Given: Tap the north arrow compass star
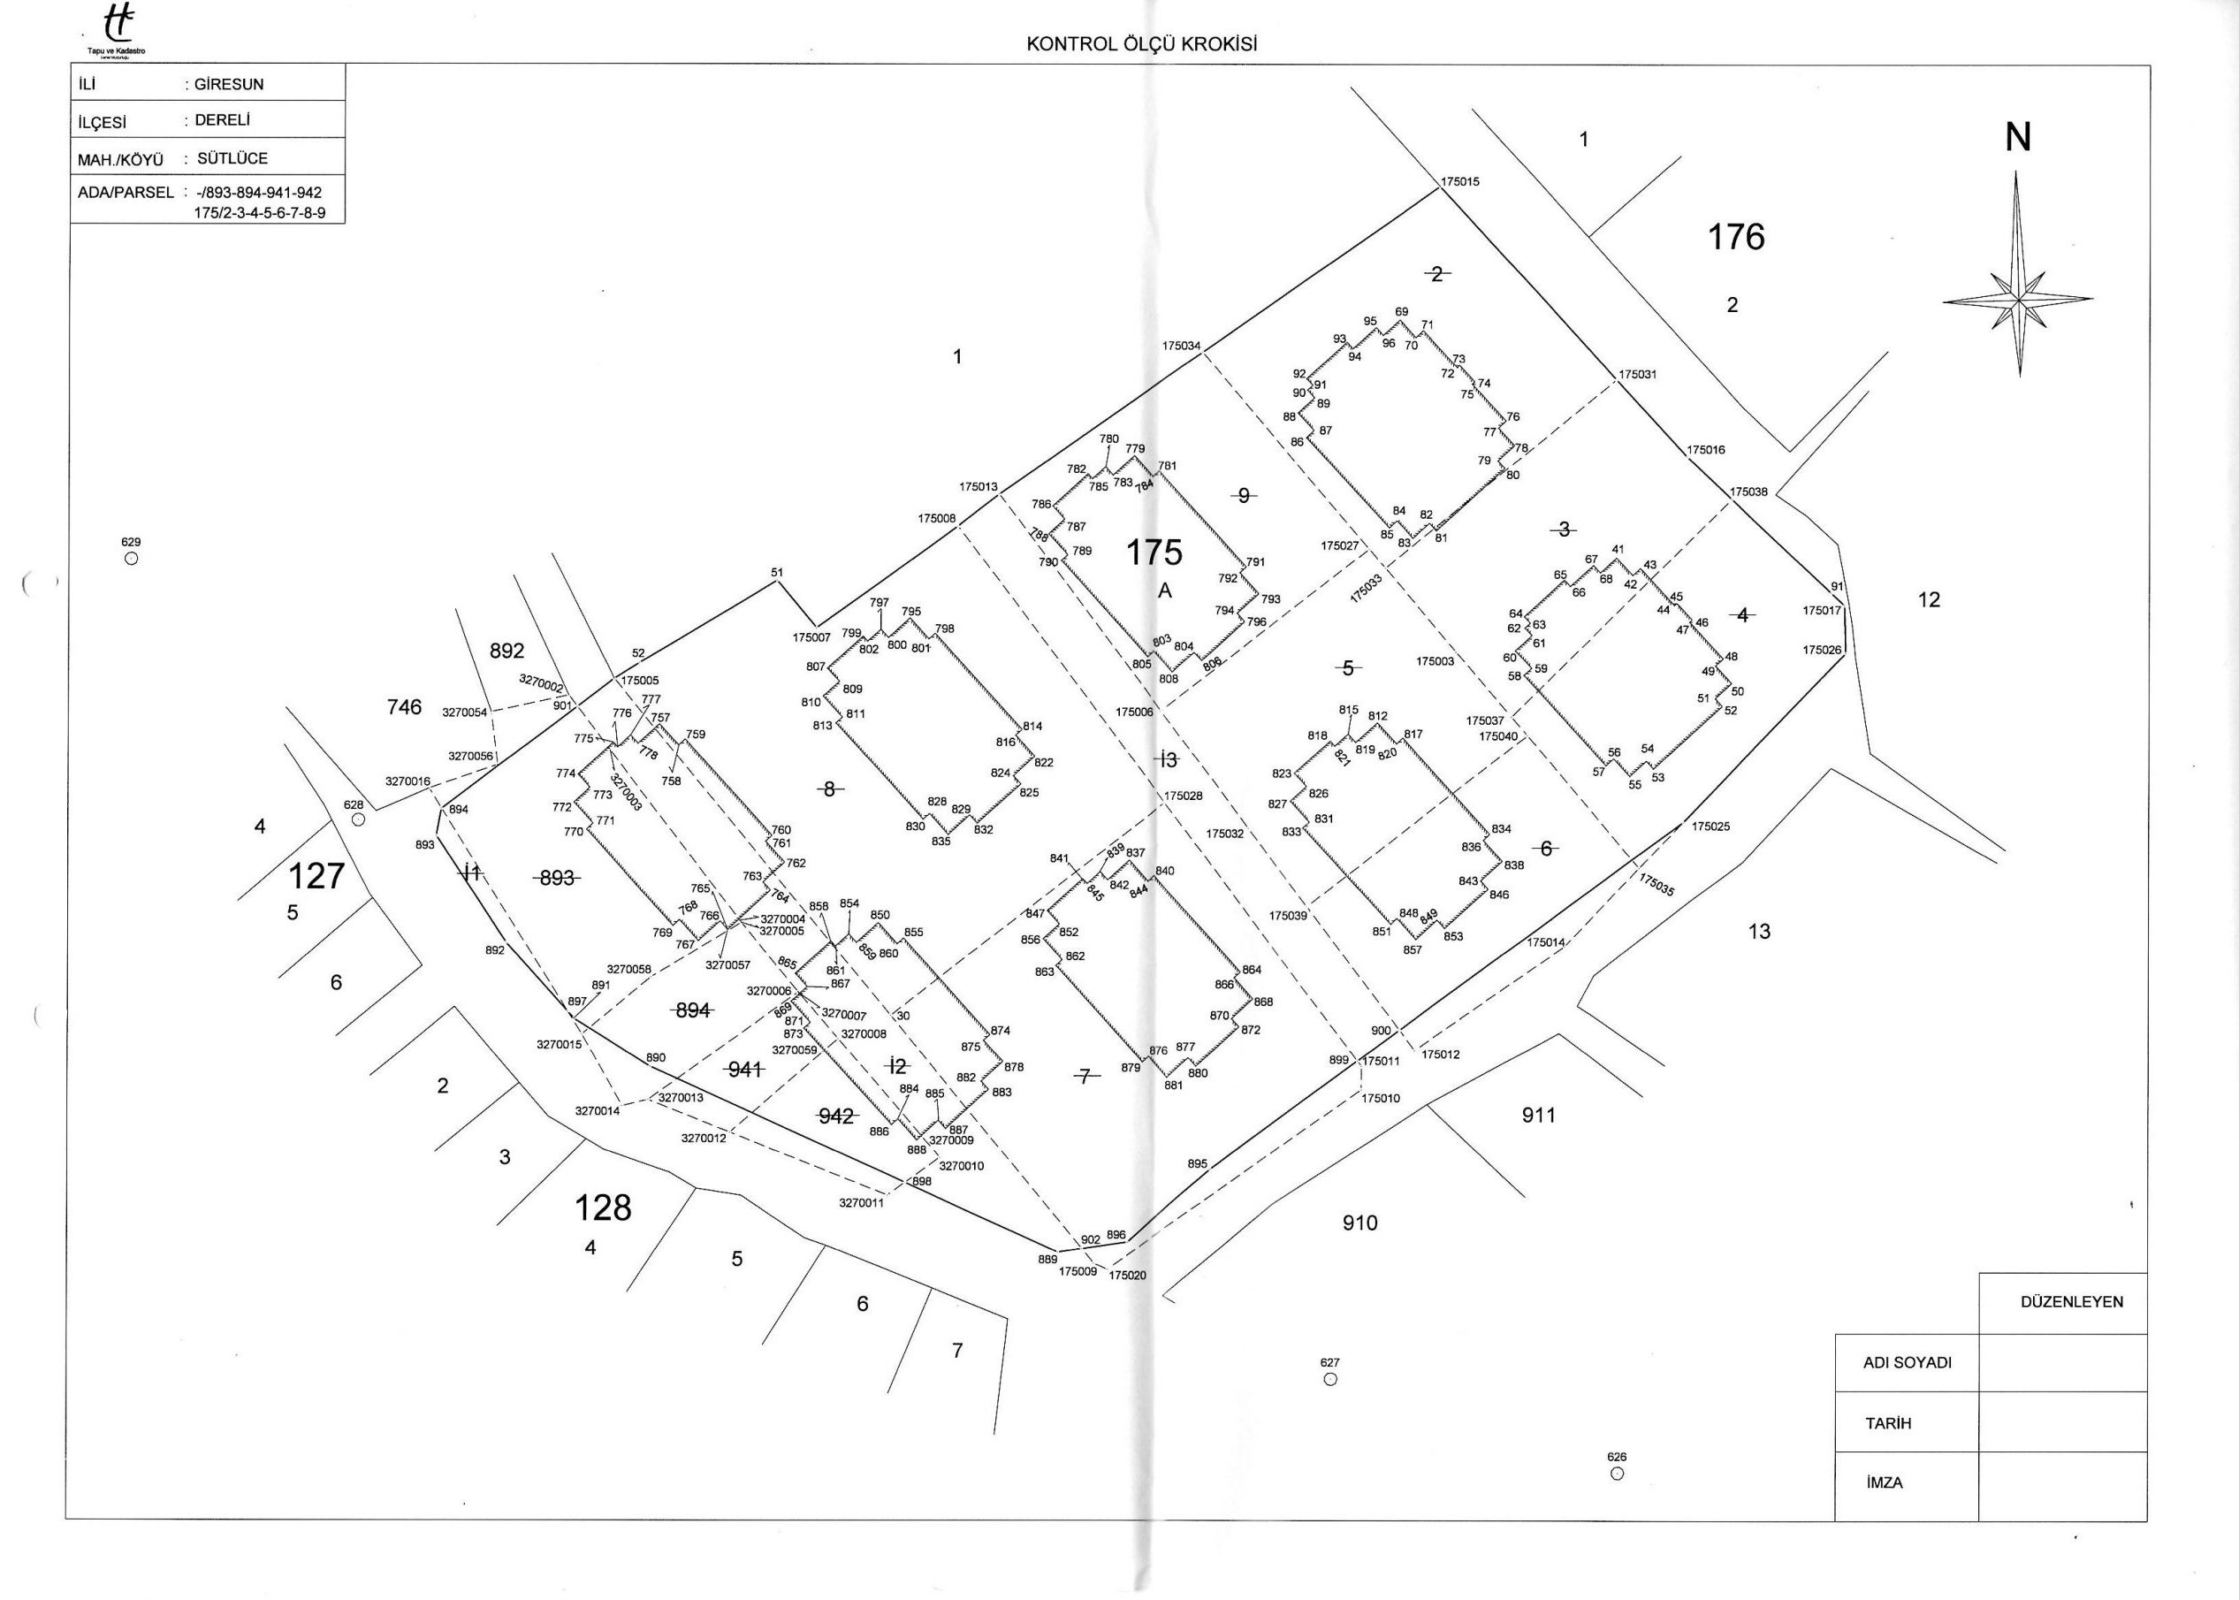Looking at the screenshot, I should [x=2017, y=299].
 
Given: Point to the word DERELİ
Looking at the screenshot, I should [x=224, y=121].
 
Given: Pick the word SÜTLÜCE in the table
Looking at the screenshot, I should [x=232, y=157].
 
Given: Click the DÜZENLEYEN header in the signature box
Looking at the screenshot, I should [x=2070, y=1301].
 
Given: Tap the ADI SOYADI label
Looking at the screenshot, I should [x=1907, y=1362].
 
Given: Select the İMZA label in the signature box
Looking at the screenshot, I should [x=1884, y=1482].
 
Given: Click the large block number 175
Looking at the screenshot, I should [x=1154, y=553].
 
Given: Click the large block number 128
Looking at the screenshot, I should [x=602, y=1208].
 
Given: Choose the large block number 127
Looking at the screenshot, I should [x=316, y=875].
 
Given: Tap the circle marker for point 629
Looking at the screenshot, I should [x=131, y=559].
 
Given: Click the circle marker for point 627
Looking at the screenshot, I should [x=1329, y=1379].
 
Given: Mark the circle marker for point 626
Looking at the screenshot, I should [x=1617, y=1474].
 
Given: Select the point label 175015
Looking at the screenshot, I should [x=1460, y=182].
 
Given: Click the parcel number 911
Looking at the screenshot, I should [x=1538, y=1116].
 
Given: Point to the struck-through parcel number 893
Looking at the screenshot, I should [x=557, y=878].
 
